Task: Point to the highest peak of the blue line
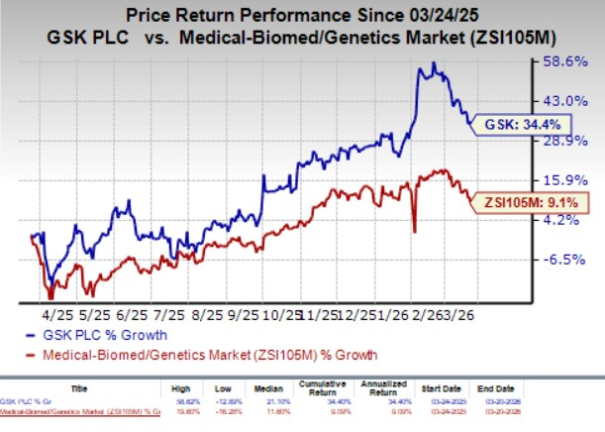click(x=432, y=64)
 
